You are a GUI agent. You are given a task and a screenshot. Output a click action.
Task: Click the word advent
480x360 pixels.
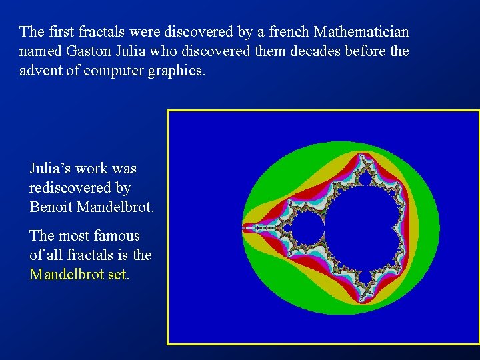[x=40, y=70]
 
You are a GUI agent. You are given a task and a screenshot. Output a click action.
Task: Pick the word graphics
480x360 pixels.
[x=176, y=70]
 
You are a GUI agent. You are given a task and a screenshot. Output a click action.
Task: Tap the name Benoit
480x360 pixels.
[x=51, y=207]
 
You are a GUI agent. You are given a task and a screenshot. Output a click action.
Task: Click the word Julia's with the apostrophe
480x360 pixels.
[x=49, y=169]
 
